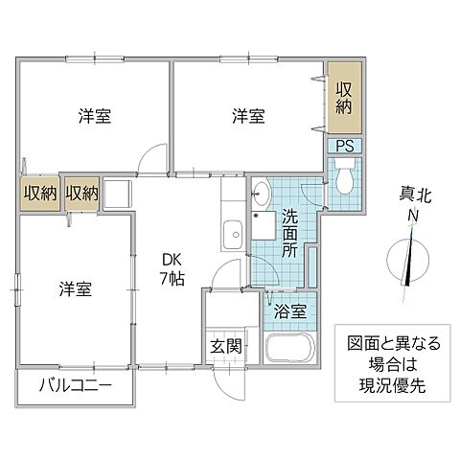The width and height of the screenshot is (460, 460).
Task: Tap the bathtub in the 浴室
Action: pyautogui.click(x=290, y=351)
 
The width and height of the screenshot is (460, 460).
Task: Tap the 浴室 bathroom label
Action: pyautogui.click(x=292, y=310)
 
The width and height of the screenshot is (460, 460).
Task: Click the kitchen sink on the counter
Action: pyautogui.click(x=231, y=232)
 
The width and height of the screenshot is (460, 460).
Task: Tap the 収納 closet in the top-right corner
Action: pyautogui.click(x=344, y=101)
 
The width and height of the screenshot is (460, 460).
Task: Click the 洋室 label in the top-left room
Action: pyautogui.click(x=94, y=117)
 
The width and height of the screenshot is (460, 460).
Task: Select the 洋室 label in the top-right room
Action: pyautogui.click(x=248, y=117)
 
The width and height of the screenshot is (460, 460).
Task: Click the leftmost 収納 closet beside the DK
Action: pyautogui.click(x=40, y=193)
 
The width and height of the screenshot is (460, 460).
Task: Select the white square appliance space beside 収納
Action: pyautogui.click(x=116, y=193)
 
